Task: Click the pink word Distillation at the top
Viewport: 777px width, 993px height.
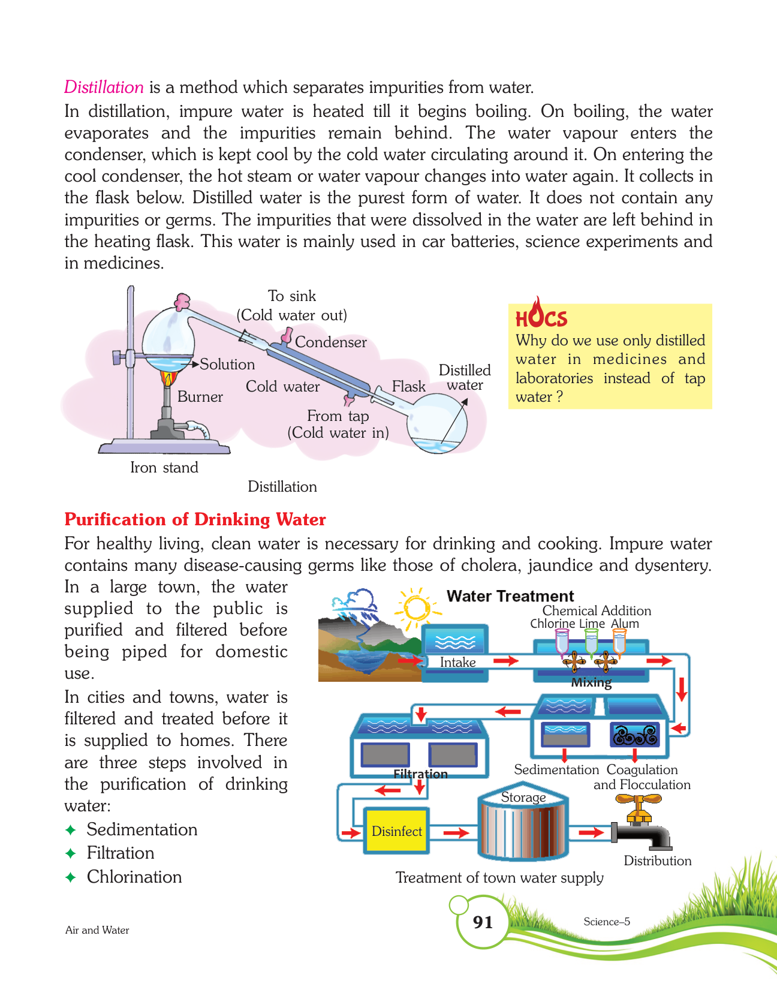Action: coord(104,88)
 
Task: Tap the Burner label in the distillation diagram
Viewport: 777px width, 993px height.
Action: coord(200,397)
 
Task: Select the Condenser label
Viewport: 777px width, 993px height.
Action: coord(330,342)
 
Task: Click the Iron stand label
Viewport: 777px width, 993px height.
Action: coord(164,468)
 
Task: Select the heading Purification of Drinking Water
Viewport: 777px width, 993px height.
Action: coord(195,519)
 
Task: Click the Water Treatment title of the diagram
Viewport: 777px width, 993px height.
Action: coord(510,596)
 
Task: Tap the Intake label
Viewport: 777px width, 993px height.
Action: coord(457,663)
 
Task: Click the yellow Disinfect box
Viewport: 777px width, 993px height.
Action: coord(396,831)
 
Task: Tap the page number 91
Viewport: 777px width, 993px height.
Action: coord(483,922)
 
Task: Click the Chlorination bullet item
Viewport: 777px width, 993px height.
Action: coord(134,877)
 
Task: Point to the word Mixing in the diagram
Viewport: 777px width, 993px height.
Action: coord(591,682)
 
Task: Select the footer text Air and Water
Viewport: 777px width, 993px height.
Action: coord(97,930)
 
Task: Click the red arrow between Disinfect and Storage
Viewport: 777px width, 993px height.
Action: coord(456,833)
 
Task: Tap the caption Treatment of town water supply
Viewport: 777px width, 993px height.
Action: coord(499,878)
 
